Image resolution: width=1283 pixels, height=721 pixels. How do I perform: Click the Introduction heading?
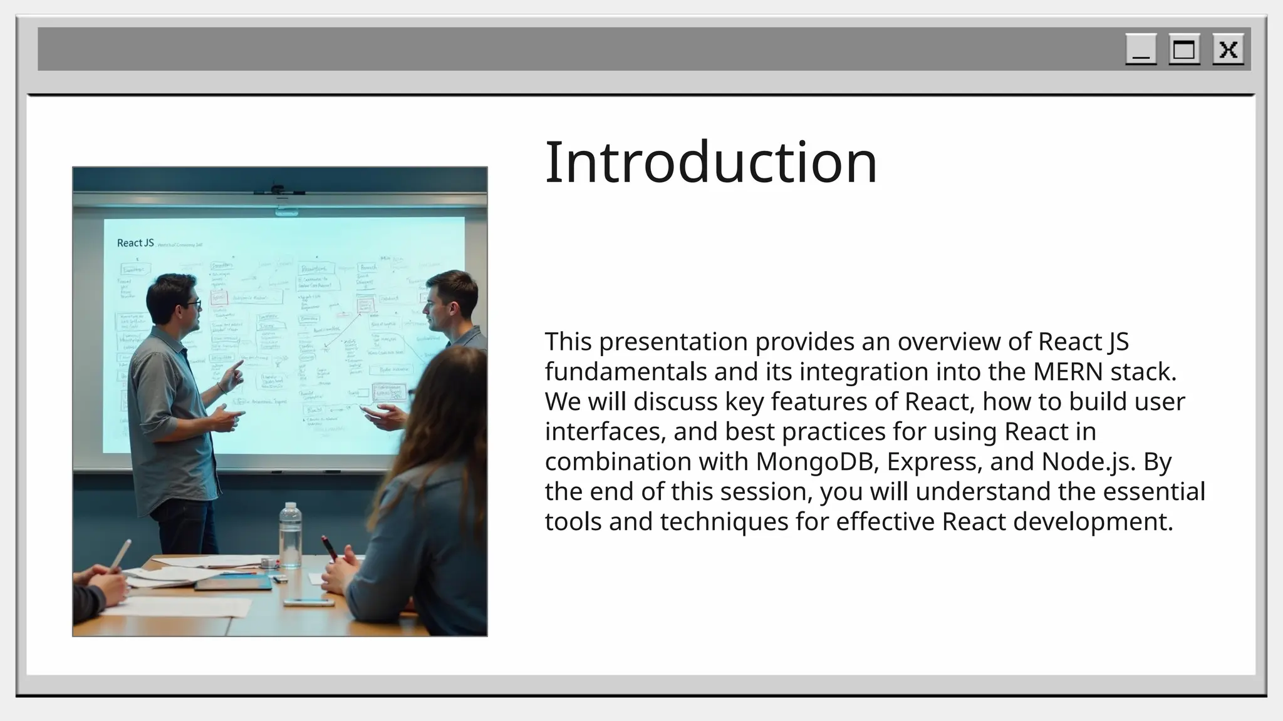coord(711,162)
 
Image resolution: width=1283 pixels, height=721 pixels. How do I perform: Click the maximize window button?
coord(1184,49)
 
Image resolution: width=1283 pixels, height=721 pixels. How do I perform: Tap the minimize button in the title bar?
coord(1141,49)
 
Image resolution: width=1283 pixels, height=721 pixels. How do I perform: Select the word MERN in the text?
coord(1067,372)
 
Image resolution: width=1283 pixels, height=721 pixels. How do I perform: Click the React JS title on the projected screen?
coord(135,243)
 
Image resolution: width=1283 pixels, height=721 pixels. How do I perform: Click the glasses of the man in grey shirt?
coord(191,305)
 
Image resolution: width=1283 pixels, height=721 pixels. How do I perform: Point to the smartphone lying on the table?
coord(308,603)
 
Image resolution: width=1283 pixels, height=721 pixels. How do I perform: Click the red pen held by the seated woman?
coord(330,546)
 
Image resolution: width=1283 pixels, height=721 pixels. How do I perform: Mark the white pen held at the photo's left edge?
coord(120,554)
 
